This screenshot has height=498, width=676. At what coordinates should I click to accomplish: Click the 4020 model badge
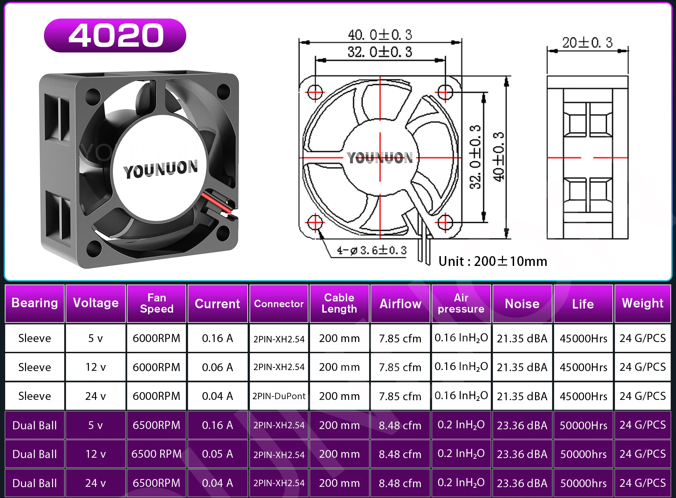click(x=115, y=36)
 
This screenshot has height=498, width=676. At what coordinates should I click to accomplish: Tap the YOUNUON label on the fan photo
click(x=161, y=169)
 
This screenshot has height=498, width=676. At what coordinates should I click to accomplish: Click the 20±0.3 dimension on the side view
click(x=587, y=43)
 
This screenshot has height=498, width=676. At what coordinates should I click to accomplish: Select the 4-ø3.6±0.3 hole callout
click(x=371, y=250)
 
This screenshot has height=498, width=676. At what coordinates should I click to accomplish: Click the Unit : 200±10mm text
click(x=493, y=261)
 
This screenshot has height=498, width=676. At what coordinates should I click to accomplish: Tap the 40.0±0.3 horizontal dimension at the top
click(x=380, y=35)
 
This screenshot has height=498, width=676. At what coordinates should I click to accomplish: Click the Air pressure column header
click(x=461, y=303)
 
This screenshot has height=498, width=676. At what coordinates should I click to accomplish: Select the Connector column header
click(x=279, y=303)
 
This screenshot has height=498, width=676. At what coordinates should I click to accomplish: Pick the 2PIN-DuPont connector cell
click(x=279, y=396)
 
